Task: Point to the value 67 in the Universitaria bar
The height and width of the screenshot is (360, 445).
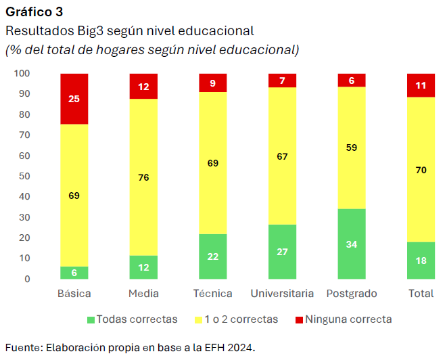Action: tap(282, 156)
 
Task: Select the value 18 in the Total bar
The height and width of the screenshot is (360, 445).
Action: tap(421, 261)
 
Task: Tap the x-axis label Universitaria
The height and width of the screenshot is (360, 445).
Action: tap(282, 294)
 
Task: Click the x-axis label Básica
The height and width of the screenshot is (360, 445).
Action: tap(74, 294)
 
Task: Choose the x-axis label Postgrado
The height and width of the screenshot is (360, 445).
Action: tap(352, 294)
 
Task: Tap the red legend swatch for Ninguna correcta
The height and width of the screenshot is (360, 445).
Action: tap(300, 319)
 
